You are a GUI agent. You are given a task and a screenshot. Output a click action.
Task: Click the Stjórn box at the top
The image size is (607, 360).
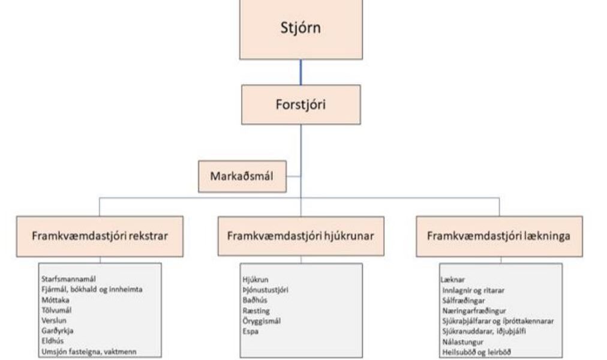pyautogui.click(x=301, y=29)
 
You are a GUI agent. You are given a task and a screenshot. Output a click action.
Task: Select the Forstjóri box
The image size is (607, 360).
pyautogui.click(x=301, y=104)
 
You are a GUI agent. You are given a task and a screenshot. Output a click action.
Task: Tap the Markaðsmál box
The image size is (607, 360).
pyautogui.click(x=242, y=176)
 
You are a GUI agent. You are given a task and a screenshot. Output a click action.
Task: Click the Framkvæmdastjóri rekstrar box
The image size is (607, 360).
pyautogui.click(x=100, y=236)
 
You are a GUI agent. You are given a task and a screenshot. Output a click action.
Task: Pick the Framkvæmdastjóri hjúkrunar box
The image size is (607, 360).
pyautogui.click(x=301, y=236)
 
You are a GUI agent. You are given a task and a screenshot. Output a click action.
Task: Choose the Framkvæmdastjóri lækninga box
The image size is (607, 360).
pyautogui.click(x=500, y=236)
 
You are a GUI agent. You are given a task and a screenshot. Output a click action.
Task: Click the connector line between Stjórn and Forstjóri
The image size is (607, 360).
pyautogui.click(x=301, y=73)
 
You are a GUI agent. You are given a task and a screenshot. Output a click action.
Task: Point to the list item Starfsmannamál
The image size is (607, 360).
pyautogui.click(x=68, y=279)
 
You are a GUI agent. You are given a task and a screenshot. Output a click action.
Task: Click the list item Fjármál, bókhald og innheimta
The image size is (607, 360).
pyautogui.click(x=92, y=290)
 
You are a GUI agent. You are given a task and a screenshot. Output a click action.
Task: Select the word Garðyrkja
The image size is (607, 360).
pyautogui.click(x=58, y=331)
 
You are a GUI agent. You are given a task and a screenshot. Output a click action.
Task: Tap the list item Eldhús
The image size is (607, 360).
pyautogui.click(x=53, y=341)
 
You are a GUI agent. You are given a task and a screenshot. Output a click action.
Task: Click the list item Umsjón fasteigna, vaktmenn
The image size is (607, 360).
pyautogui.click(x=89, y=352)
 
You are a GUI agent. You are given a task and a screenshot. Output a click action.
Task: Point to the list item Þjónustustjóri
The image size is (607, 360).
pyautogui.click(x=266, y=290)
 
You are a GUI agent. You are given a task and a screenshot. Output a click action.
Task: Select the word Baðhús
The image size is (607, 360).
pyautogui.click(x=255, y=301)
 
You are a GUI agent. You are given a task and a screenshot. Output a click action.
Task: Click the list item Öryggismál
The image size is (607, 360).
pyautogui.click(x=262, y=321)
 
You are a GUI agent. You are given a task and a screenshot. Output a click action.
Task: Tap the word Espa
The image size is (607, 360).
pyautogui.click(x=251, y=332)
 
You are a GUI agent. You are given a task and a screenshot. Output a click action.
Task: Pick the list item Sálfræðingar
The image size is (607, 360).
pyautogui.click(x=464, y=301)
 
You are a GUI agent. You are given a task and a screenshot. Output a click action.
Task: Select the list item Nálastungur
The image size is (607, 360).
pyautogui.click(x=463, y=342)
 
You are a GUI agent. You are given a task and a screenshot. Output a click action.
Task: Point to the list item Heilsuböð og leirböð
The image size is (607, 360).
pyautogui.click(x=476, y=352)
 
